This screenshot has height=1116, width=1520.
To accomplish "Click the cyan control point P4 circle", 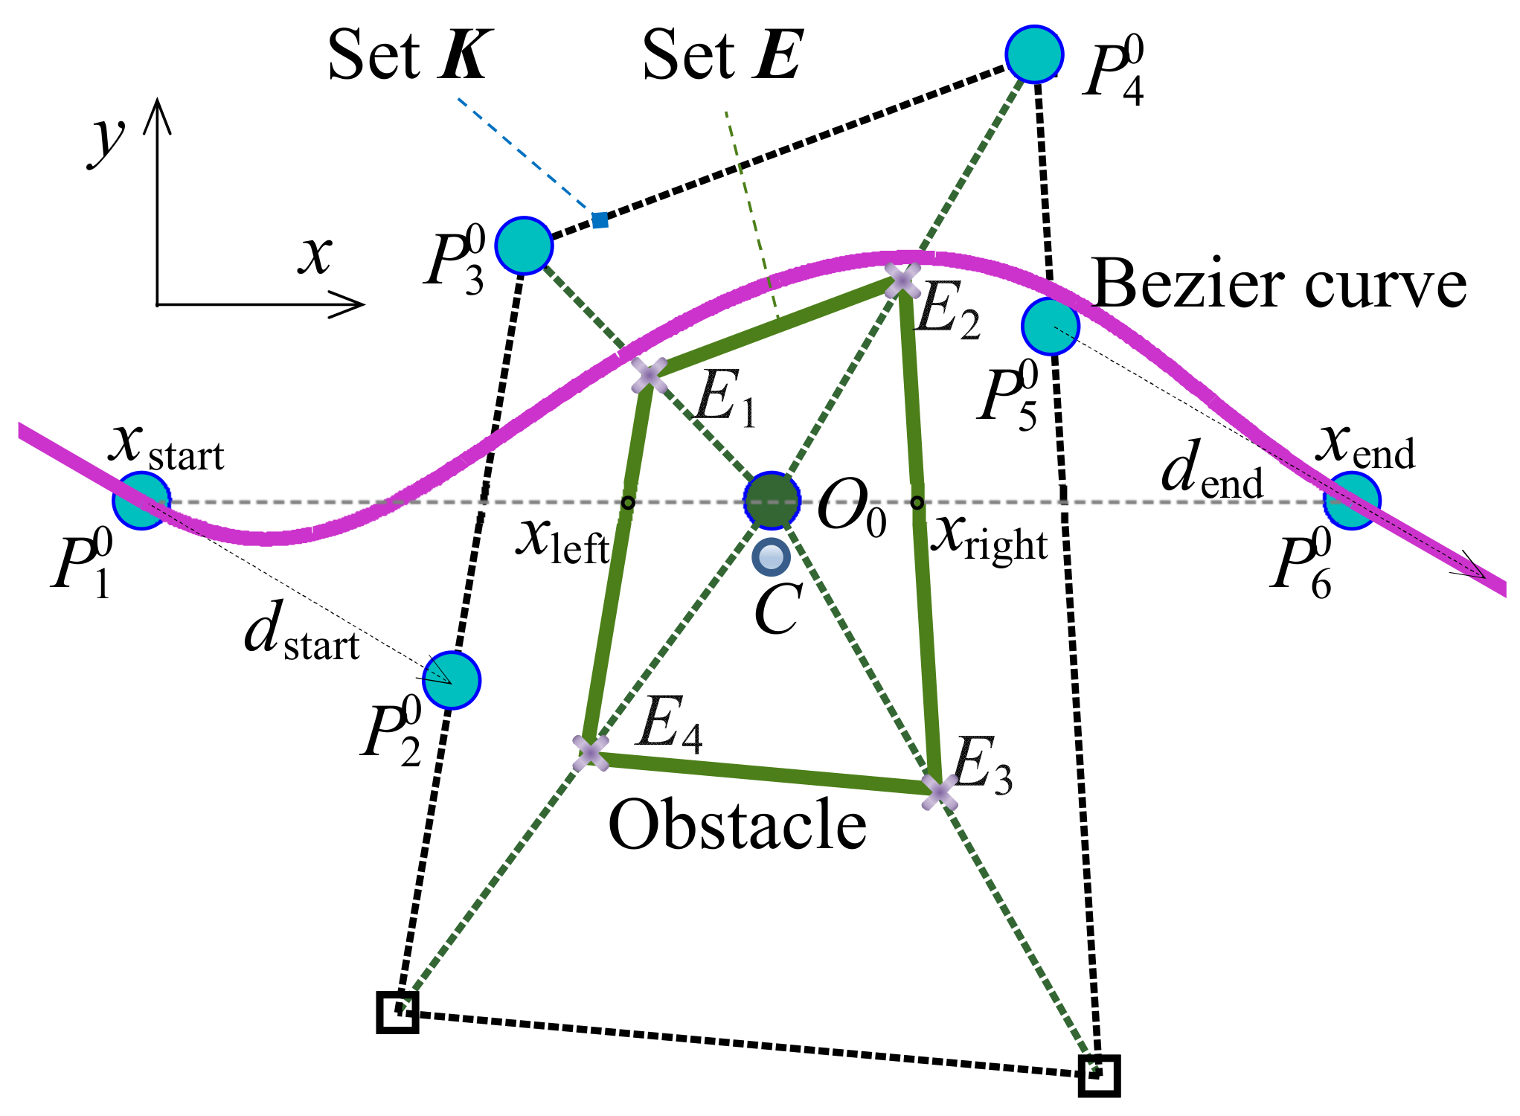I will [1034, 54].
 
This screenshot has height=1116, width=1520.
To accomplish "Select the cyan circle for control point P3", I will [525, 245].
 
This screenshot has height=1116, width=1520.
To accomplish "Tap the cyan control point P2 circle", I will [452, 680].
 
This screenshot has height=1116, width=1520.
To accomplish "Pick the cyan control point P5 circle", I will [1051, 327].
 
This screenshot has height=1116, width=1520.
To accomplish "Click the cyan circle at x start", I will [141, 501].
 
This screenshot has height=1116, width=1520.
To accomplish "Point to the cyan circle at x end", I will [1352, 501].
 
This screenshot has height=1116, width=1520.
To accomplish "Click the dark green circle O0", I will [772, 501].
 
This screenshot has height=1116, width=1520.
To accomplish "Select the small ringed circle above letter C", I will [771, 557].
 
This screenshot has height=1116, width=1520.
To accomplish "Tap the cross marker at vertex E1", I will [650, 375].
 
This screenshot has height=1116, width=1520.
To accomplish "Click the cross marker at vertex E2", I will [902, 281].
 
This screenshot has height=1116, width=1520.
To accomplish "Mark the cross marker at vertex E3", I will [940, 791].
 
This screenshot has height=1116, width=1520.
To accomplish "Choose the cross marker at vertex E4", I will [591, 752].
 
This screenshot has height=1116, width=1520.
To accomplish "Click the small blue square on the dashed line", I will [600, 220].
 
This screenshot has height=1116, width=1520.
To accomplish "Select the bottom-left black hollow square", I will [397, 1012].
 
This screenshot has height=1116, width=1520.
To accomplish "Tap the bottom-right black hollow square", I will [1099, 1075].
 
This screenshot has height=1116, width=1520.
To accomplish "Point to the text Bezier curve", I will [1279, 285].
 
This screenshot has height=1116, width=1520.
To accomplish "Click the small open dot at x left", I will [628, 503].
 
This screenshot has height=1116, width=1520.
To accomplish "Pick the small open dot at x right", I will [917, 503].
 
